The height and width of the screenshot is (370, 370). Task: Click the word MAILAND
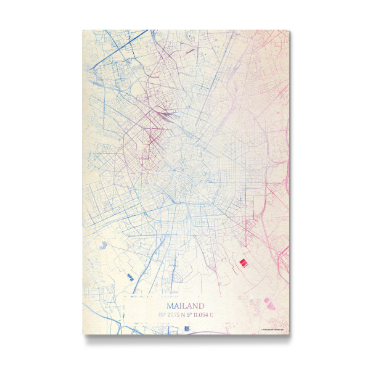pos(185,305)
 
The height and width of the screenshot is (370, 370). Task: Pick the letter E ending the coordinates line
pos(212,315)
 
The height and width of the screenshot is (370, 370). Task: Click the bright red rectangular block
pos(243,263)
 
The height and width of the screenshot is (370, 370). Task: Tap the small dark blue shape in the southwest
pos(129,277)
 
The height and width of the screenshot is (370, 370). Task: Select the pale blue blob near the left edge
pos(102,245)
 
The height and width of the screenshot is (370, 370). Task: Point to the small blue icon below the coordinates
pos(184,328)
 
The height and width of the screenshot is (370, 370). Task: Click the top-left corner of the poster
pos(83,30)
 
